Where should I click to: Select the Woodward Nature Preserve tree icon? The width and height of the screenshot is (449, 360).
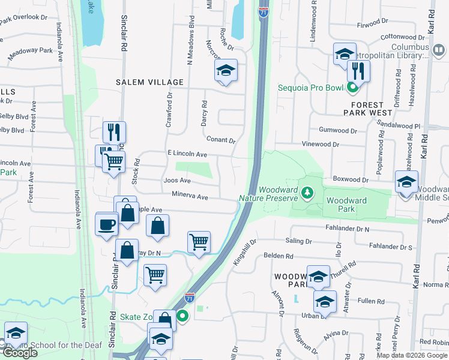pos(307,192)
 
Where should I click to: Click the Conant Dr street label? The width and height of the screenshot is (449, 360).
pos(221,140)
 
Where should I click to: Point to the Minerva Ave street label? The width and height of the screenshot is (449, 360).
pos(190,196)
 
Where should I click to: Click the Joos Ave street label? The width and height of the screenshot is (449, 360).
pos(177,181)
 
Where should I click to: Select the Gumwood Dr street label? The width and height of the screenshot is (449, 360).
pos(338,130)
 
